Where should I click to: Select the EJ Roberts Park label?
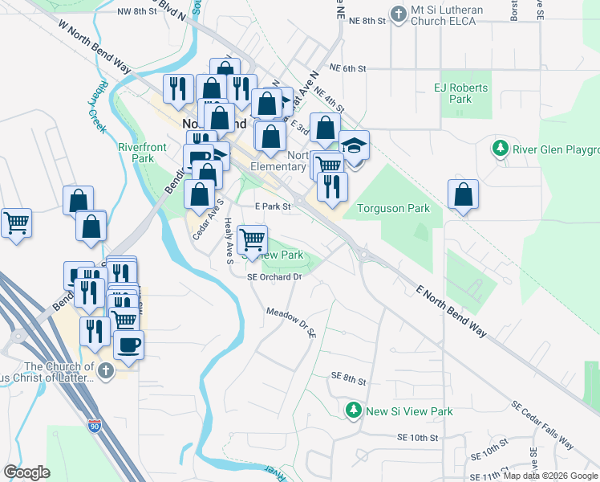(452, 93)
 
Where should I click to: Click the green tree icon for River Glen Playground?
(500, 149)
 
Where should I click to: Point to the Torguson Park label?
(393, 208)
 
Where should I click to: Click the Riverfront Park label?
(136, 153)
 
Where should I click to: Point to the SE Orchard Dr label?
(274, 276)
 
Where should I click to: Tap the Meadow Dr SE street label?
(288, 323)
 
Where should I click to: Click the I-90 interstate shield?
(95, 423)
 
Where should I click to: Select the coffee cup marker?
(128, 345)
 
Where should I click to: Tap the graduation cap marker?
(354, 145)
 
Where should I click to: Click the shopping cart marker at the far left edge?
(16, 223)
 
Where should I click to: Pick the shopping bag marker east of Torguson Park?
(463, 194)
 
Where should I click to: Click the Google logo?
(27, 472)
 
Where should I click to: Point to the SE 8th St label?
(349, 375)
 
